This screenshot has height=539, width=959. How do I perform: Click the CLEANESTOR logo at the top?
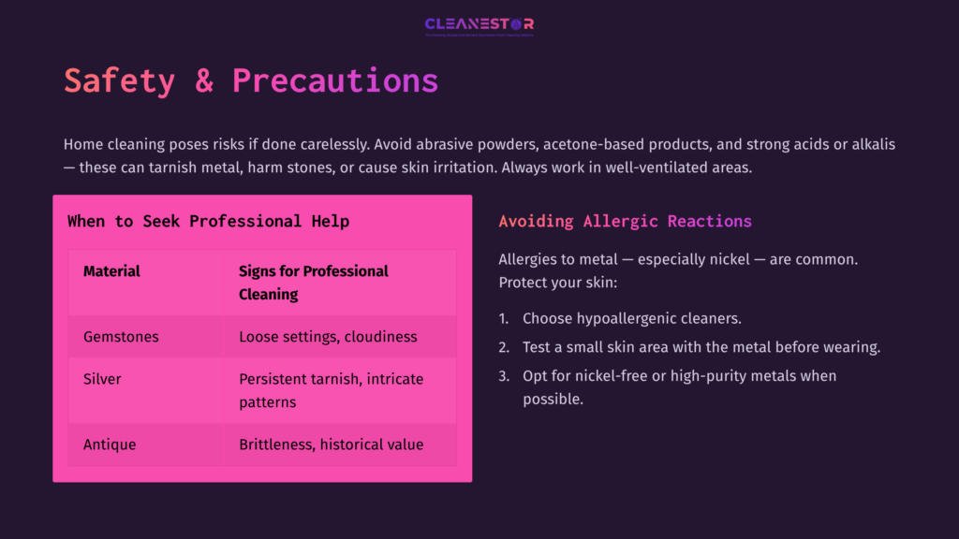pos(479,24)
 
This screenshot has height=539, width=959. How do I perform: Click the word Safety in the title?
pos(119,80)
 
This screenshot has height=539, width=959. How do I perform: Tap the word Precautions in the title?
pos(335,80)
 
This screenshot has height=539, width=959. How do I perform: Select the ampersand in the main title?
pos(204,80)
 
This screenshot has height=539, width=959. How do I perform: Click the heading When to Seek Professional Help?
pos(208,222)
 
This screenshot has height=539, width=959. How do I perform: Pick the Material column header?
pos(111,271)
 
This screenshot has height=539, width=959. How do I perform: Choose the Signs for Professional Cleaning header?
pos(313,283)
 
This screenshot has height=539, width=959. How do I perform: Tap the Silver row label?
pos(102,379)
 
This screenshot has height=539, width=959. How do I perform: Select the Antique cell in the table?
pos(110,444)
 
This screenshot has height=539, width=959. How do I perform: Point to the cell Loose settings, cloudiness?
pos(328,337)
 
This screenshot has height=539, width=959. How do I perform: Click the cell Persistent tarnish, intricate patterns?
pos(331,390)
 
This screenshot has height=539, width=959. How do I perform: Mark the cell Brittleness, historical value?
pos(331,444)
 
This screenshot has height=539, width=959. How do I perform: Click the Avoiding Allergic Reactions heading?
pos(625,222)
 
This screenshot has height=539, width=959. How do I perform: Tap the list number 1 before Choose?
pos(503,319)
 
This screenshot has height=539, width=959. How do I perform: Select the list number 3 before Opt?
pos(503,376)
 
